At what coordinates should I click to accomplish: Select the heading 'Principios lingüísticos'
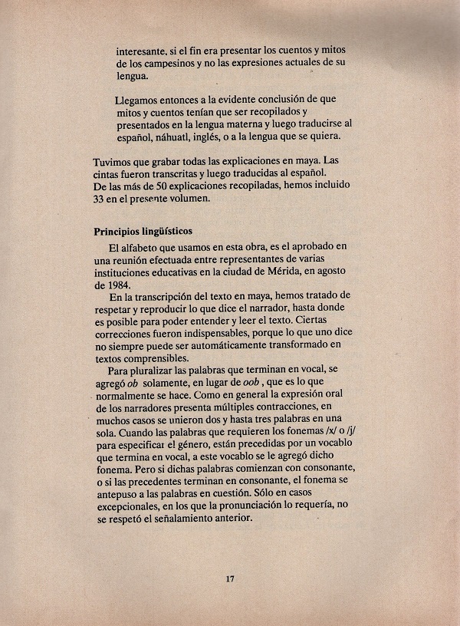(x=143, y=231)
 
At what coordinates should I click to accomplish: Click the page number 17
(x=229, y=578)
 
